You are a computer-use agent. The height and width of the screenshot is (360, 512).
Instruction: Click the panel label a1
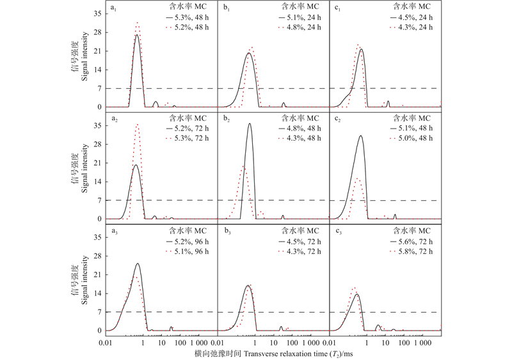point(114,9)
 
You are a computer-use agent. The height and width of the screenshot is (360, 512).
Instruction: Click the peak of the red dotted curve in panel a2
point(137,124)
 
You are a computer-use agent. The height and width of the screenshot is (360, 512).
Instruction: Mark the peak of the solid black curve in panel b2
point(249,124)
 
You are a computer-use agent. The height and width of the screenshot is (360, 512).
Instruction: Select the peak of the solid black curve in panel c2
point(361,136)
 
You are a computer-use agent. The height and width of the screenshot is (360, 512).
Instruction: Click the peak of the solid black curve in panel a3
point(138,263)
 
